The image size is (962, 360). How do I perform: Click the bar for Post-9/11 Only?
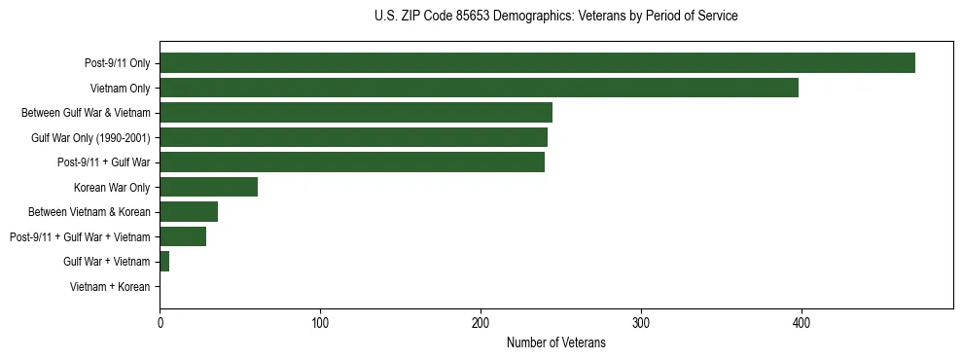pyautogui.click(x=537, y=62)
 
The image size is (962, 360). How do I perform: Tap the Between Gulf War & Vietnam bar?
pyautogui.click(x=356, y=112)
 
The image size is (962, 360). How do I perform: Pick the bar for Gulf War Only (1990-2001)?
pyautogui.click(x=353, y=137)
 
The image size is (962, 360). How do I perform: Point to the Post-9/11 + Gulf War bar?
pyautogui.click(x=352, y=162)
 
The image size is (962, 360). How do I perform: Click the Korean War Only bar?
pyautogui.click(x=208, y=187)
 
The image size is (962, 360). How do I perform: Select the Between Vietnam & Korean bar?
pyautogui.click(x=189, y=211)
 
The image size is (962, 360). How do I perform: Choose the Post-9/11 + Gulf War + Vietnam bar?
pyautogui.click(x=183, y=236)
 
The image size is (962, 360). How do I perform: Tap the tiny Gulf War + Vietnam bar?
pyautogui.click(x=164, y=261)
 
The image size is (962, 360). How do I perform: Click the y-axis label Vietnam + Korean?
pyautogui.click(x=110, y=287)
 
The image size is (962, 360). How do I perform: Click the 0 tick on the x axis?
pyautogui.click(x=160, y=322)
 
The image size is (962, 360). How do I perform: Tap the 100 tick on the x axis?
pyautogui.click(x=320, y=322)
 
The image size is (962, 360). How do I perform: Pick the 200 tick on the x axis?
pyautogui.click(x=481, y=322)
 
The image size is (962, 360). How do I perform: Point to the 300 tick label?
pyautogui.click(x=641, y=322)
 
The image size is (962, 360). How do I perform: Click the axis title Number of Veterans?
pyautogui.click(x=555, y=342)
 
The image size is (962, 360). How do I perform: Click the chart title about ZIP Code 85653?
pyautogui.click(x=555, y=16)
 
